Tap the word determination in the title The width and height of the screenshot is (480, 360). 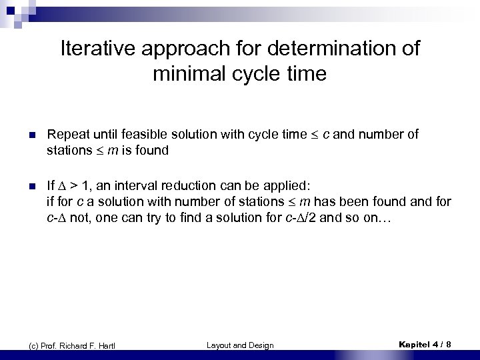[x=334, y=49]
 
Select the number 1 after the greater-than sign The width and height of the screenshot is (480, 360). [x=89, y=185]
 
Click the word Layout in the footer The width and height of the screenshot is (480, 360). [x=221, y=345]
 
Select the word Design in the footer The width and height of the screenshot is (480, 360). [x=261, y=345]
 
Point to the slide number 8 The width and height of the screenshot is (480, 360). [x=448, y=344]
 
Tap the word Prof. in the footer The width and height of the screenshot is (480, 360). [x=48, y=345]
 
